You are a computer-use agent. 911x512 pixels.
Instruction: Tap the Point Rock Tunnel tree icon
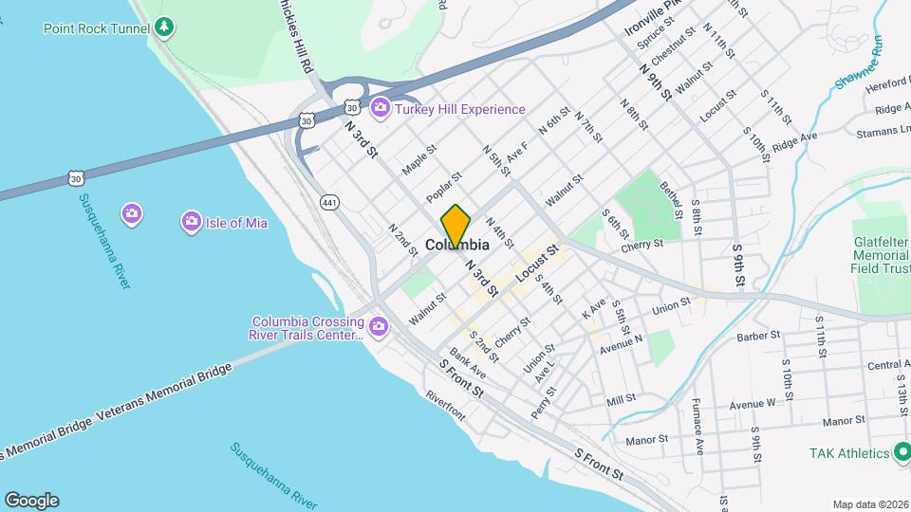coord(166,27)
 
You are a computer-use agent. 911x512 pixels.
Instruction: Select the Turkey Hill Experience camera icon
coord(381,108)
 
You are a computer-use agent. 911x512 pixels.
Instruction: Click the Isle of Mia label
coord(237,223)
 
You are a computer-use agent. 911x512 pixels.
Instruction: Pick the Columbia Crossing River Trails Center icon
coord(379,327)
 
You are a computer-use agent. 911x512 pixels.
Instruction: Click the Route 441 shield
coord(329,202)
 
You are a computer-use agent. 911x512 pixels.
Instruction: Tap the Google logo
coord(31,501)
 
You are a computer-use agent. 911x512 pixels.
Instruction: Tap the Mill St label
coord(621,401)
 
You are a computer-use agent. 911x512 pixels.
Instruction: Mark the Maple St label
coord(418,158)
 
